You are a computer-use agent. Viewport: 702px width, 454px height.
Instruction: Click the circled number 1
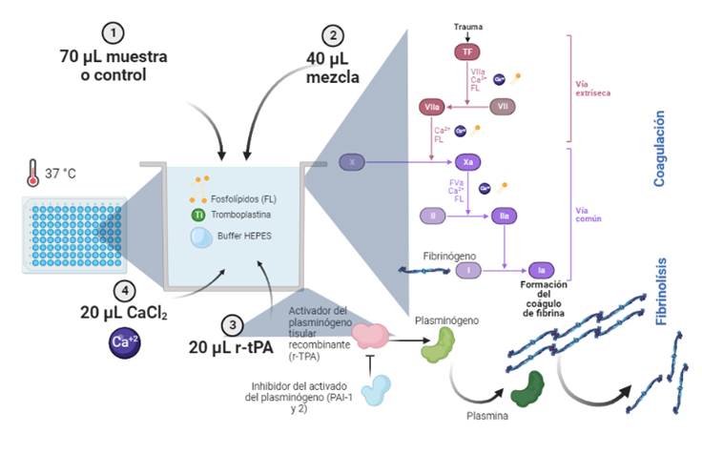114,33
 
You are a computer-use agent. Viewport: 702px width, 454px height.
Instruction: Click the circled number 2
333,36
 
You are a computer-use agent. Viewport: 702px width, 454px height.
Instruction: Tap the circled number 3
232,324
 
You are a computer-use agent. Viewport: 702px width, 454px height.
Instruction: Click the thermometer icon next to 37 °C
36,176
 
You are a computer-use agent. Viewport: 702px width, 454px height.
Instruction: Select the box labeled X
353,162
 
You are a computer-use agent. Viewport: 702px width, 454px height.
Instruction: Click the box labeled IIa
506,217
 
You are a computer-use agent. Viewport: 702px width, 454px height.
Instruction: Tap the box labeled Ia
540,271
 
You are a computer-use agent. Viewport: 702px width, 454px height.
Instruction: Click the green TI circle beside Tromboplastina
198,215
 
